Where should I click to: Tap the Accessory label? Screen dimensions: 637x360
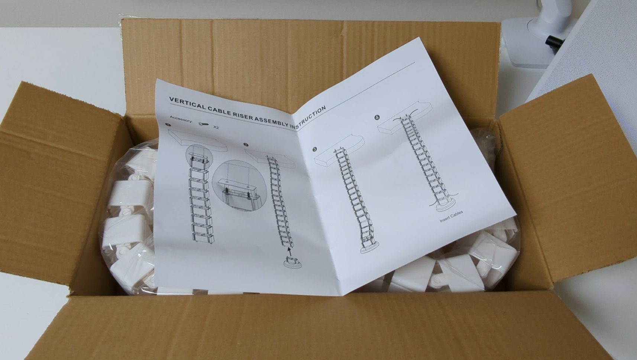(x=181, y=119)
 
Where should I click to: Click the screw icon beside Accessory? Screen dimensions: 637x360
(x=203, y=124)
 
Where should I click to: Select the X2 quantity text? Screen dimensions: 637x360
(x=216, y=127)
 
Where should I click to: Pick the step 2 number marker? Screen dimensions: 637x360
(x=246, y=145)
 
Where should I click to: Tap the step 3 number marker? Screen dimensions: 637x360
(x=314, y=149)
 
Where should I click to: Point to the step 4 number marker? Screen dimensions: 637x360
(x=377, y=117)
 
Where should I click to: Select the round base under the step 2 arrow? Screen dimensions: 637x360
(x=292, y=262)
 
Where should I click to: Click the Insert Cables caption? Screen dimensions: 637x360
(x=451, y=216)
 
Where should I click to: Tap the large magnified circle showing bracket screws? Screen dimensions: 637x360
(x=239, y=185)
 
